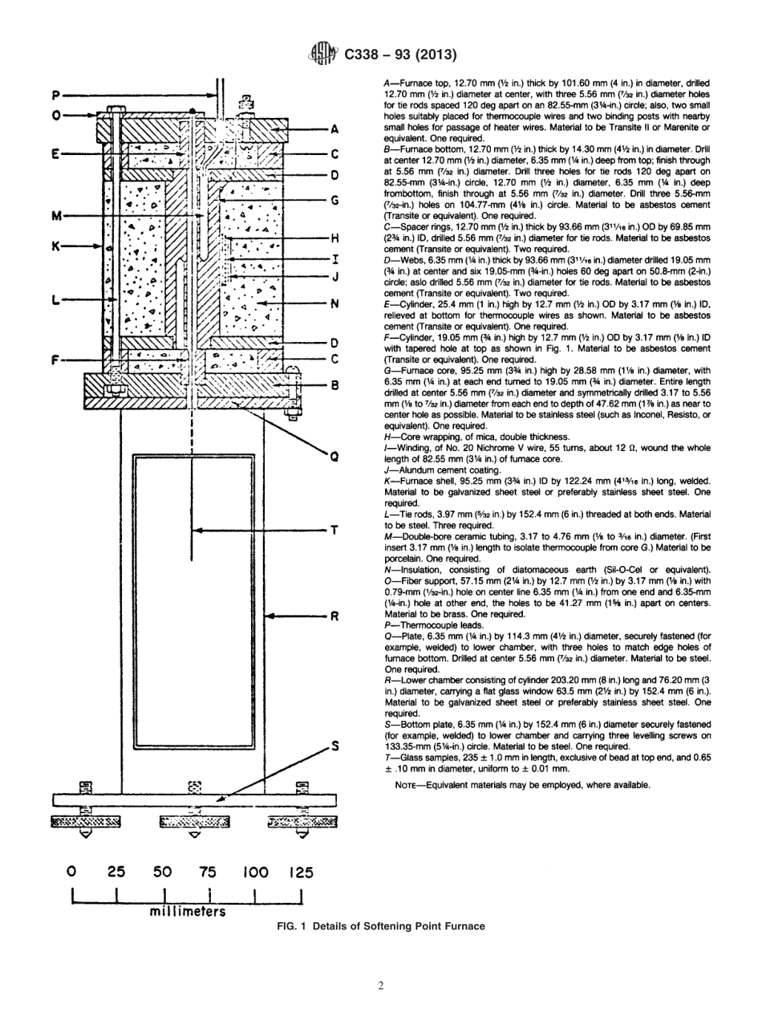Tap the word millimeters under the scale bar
click(186, 912)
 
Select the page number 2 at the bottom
click(381, 986)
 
